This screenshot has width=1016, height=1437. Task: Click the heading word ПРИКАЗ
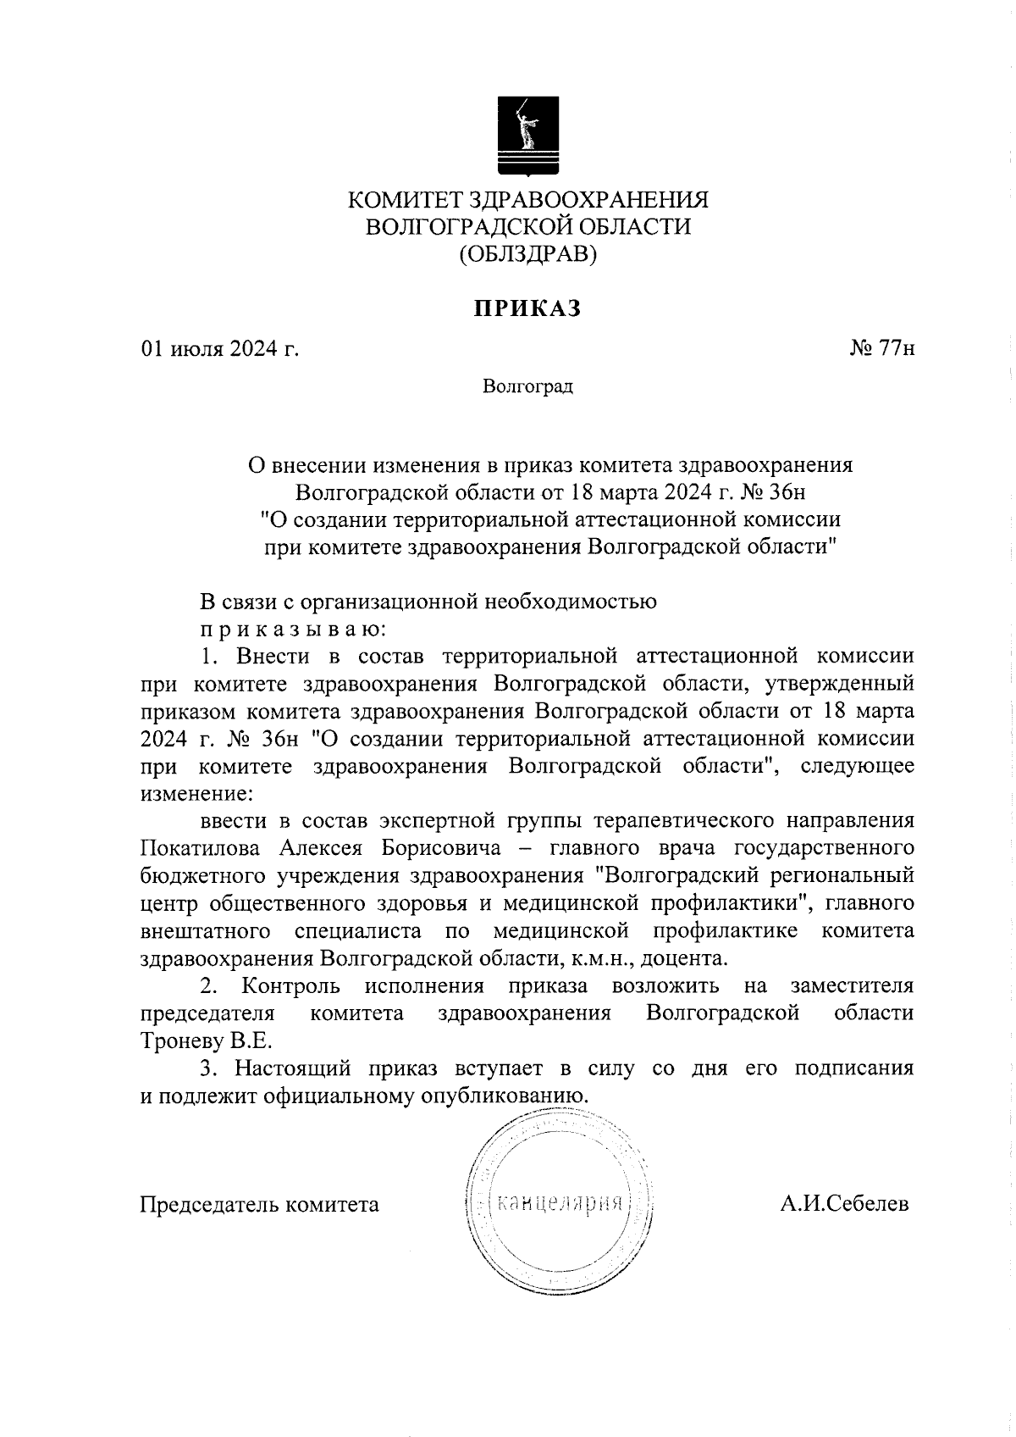(527, 309)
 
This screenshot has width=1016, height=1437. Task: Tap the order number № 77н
(881, 349)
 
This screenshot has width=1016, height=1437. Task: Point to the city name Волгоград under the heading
(527, 387)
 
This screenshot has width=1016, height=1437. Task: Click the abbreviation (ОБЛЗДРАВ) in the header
(527, 253)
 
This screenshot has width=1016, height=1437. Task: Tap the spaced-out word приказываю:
(293, 630)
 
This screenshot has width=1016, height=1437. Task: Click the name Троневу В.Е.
(207, 1040)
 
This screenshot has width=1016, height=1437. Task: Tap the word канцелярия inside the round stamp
(560, 1203)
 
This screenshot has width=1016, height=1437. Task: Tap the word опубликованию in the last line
(499, 1095)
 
